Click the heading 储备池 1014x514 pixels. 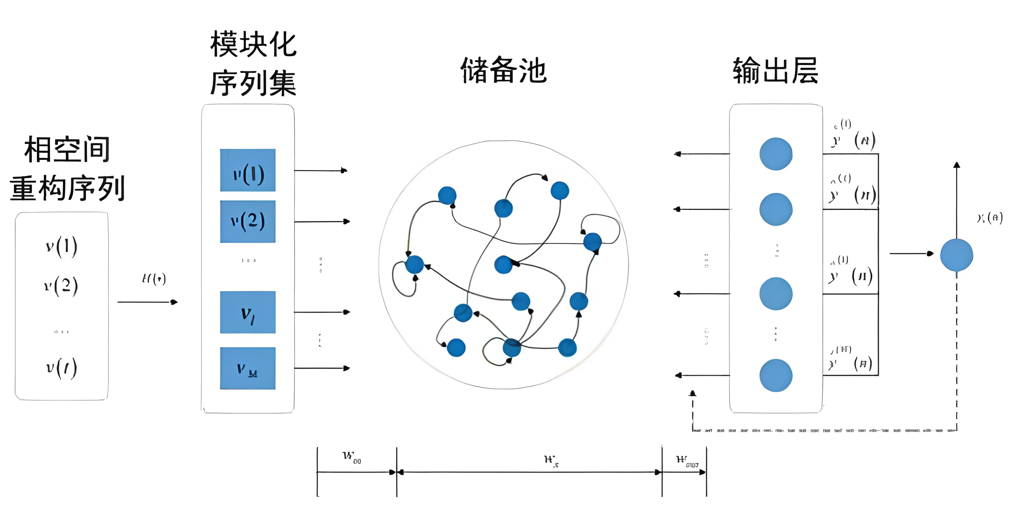tap(503, 71)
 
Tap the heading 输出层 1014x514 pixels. tap(775, 71)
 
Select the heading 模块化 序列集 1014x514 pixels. tap(253, 64)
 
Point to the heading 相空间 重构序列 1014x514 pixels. tap(67, 169)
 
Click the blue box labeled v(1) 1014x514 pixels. tap(247, 170)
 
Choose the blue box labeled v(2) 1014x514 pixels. tap(247, 221)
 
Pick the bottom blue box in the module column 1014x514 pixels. tap(247, 368)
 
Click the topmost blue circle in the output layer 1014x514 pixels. tap(775, 154)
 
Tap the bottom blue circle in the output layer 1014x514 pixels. tap(775, 375)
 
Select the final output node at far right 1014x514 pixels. tap(956, 255)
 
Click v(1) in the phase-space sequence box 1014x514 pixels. tap(62, 246)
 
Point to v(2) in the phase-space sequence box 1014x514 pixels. tap(61, 286)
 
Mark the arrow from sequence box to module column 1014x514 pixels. tap(148, 302)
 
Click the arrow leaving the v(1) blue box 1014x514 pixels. tap(321, 171)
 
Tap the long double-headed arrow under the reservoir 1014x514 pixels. tap(529, 472)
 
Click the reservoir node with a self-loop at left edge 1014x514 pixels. tap(414, 264)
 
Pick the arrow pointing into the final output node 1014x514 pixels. tap(911, 253)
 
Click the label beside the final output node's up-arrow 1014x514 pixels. tap(989, 218)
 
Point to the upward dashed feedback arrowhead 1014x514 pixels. tap(693, 394)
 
